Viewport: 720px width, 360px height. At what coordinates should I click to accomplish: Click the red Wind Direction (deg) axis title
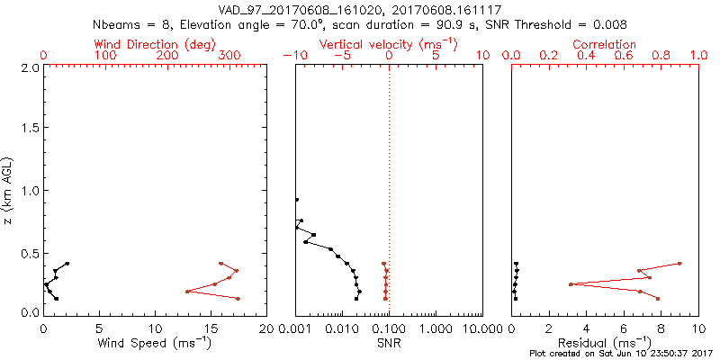pos(155,44)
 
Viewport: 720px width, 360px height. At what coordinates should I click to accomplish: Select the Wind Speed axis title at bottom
pos(155,344)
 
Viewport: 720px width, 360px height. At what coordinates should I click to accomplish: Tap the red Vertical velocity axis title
pos(388,44)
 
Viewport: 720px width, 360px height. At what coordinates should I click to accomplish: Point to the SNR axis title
pos(388,344)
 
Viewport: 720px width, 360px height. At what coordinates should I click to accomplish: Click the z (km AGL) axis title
pos(8,191)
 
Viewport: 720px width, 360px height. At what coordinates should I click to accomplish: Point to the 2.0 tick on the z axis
pos(29,67)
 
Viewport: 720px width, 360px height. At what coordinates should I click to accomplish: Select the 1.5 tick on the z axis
pos(29,129)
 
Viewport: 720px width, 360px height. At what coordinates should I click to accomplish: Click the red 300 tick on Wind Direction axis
pos(230,56)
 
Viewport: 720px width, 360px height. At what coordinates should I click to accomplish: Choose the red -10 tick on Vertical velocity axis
pos(292,56)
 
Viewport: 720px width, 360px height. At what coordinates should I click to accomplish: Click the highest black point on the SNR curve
pos(296,199)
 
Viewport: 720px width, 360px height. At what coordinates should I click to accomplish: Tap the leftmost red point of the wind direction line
pos(187,292)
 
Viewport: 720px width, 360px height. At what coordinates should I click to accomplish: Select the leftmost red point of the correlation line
pos(571,284)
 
